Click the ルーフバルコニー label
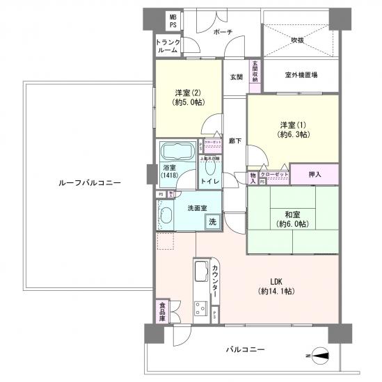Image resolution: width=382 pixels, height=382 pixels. point(86,183)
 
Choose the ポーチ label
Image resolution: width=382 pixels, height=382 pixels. point(223,32)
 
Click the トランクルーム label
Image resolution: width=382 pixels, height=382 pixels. point(168,46)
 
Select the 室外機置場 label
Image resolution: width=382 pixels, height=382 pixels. point(301,75)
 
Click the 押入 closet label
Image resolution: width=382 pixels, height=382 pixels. point(314,174)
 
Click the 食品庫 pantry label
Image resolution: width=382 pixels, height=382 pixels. point(162,310)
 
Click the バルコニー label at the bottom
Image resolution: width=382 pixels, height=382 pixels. point(244,349)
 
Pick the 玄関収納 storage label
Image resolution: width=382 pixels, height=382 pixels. point(255,72)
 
